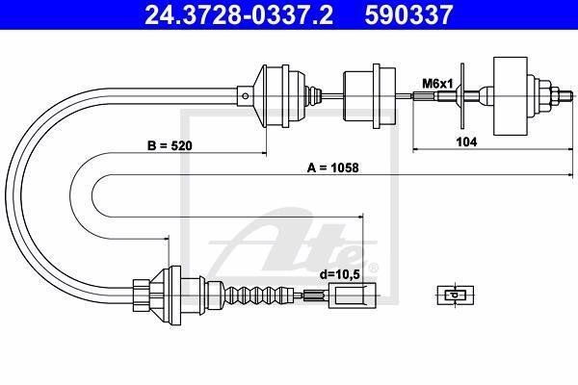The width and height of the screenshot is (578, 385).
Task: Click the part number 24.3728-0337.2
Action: click(239, 14)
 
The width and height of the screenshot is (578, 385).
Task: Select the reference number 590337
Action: click(408, 14)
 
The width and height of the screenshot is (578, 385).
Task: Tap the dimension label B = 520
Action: click(170, 146)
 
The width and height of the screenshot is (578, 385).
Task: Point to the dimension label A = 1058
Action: click(333, 168)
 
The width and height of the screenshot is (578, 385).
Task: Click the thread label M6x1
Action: click(437, 84)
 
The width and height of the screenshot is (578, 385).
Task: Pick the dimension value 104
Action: click(466, 141)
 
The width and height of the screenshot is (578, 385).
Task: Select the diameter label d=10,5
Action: click(339, 274)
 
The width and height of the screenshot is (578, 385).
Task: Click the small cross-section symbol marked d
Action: click(456, 295)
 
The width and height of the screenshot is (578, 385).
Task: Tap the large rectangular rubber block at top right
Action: click(511, 96)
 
